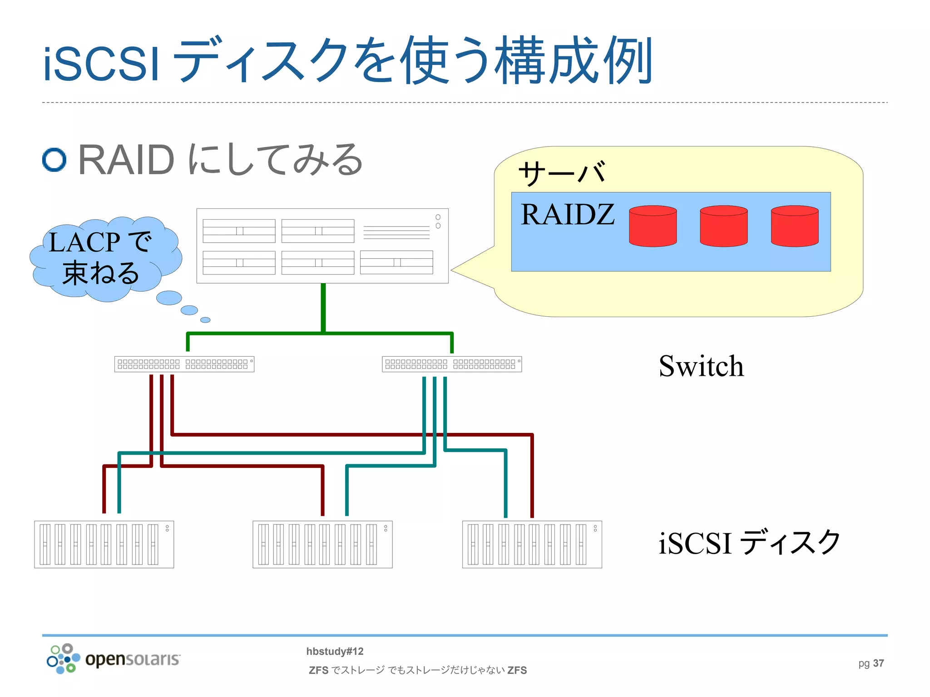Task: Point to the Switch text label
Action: coord(701,366)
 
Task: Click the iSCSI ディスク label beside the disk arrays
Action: coord(749,542)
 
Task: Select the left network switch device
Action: coord(184,364)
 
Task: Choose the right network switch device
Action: coord(451,364)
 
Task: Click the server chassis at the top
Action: coord(322,245)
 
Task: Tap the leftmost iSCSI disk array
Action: coord(104,544)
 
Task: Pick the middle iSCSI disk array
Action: coord(322,544)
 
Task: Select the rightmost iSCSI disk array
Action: coord(532,544)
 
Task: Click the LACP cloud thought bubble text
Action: coord(100,258)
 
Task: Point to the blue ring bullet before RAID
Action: coord(54,160)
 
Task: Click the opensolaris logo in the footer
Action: coord(114,658)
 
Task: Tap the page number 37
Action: coord(878,663)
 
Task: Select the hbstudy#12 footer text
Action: coord(335,651)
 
